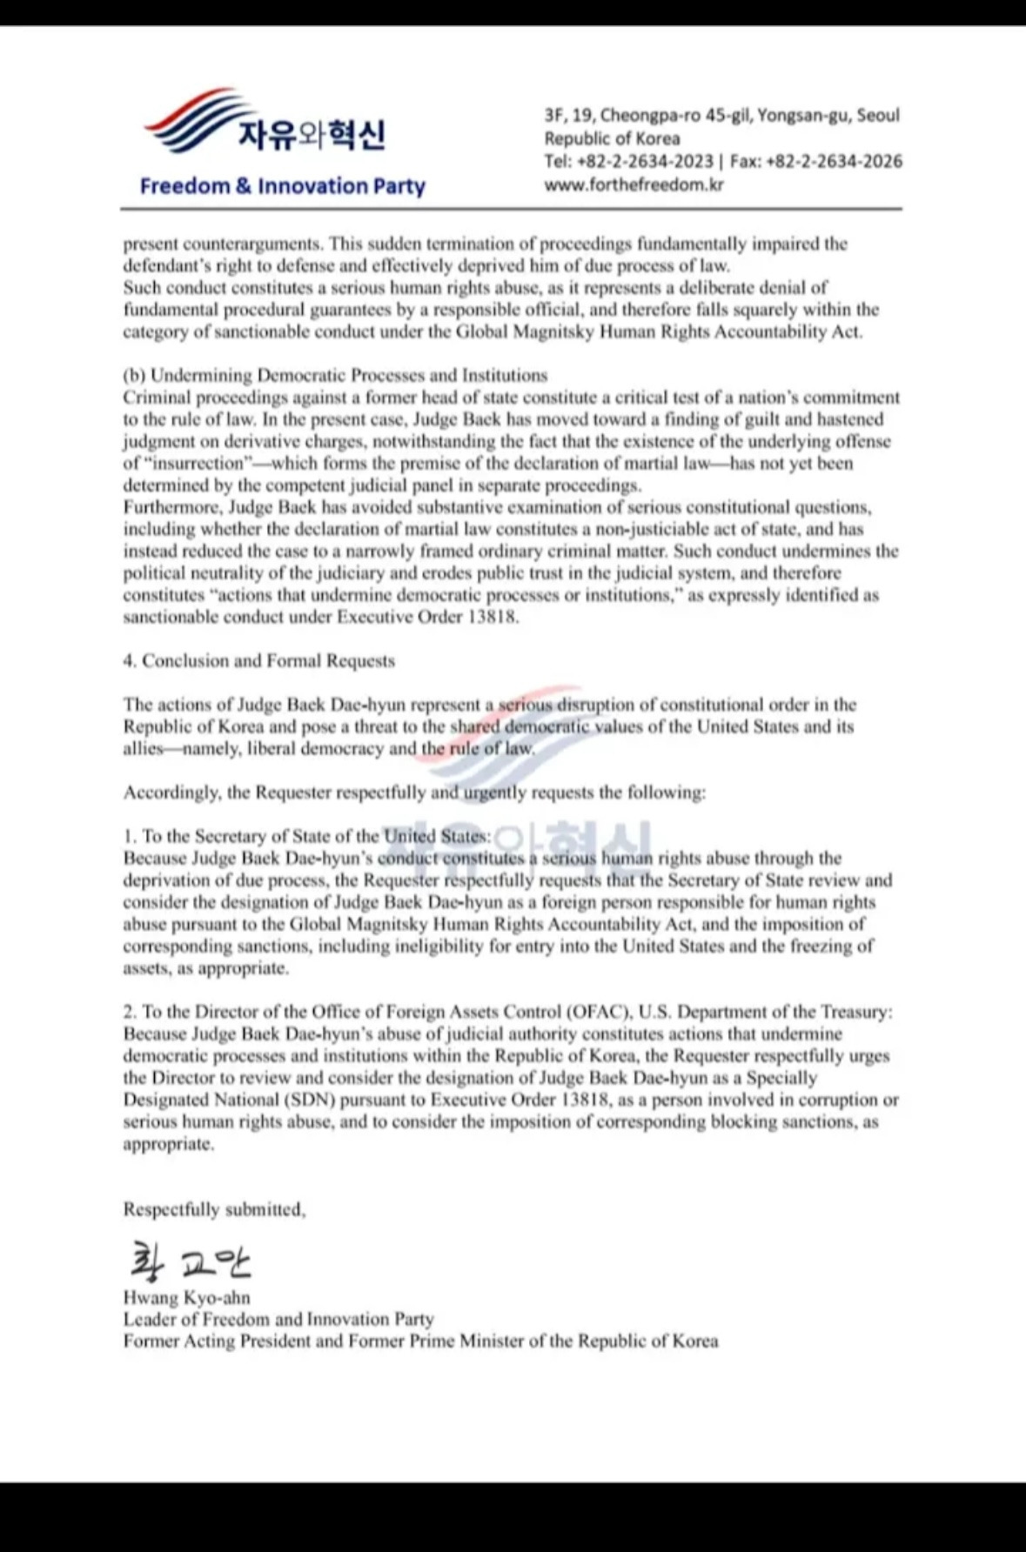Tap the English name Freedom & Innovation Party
point(282,186)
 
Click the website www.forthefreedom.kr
point(634,184)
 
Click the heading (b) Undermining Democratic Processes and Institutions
point(335,376)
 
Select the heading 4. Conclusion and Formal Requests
point(258,661)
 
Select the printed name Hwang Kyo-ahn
point(186,1298)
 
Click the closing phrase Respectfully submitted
point(214,1210)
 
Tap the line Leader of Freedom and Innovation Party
point(278,1320)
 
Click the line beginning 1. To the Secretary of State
point(306,837)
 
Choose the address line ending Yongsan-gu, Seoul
point(721,116)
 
